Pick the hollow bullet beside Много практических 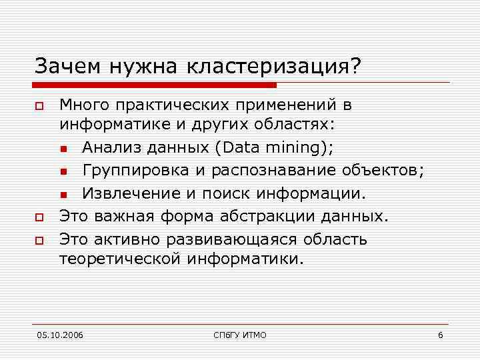[39, 106]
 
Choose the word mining [297, 148]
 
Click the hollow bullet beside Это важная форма [39, 217]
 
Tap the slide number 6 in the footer [441, 335]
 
